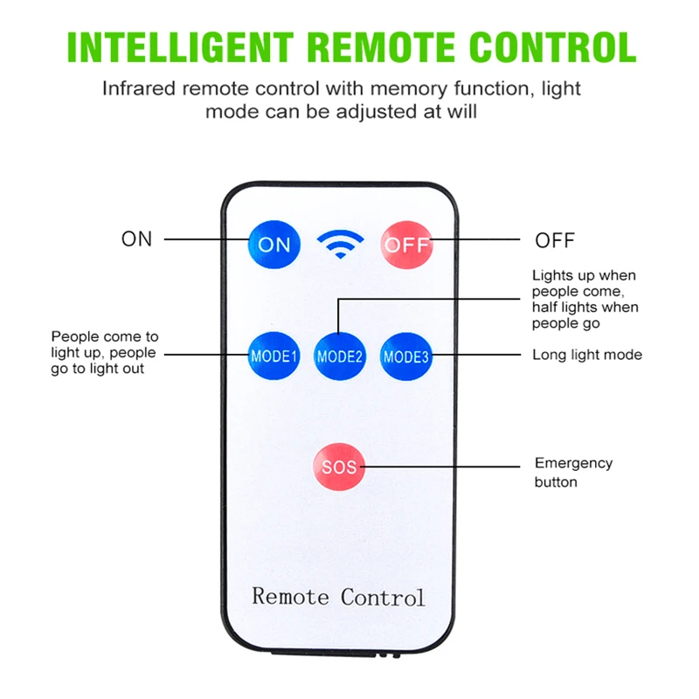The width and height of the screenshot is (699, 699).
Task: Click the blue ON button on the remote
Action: pos(273,244)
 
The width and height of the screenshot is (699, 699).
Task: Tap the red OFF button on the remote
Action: pos(406,244)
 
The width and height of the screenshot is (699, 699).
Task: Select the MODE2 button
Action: pos(339,356)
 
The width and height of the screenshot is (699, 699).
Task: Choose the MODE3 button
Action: pos(405,356)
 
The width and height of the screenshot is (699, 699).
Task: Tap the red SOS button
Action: pos(338,467)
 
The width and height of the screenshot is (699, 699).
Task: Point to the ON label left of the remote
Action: pos(136,239)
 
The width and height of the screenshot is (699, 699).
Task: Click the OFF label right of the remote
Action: pos(555,240)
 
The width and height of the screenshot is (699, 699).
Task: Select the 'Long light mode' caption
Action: pos(587,355)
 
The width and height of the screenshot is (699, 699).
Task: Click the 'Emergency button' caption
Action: pos(574,472)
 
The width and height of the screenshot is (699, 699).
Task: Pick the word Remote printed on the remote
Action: pos(291,597)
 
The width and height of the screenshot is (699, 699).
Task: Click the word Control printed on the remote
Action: pos(383,597)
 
